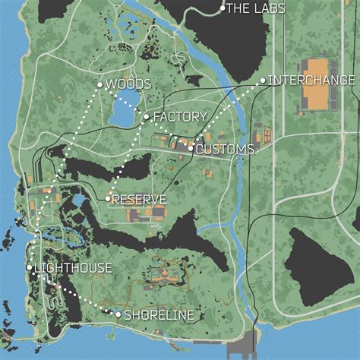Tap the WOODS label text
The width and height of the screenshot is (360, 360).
(x=128, y=84)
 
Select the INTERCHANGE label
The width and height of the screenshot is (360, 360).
(x=312, y=80)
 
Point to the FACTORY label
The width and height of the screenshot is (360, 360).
(x=180, y=117)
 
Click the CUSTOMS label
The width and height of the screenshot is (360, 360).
(x=225, y=150)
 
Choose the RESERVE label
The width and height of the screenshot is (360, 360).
(x=140, y=199)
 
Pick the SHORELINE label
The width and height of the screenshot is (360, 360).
(x=159, y=314)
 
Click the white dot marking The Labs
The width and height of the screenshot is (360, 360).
(x=223, y=8)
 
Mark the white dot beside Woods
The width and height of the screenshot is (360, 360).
(x=99, y=84)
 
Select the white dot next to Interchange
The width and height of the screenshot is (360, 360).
(x=263, y=80)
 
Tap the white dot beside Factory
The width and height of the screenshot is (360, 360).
(x=147, y=117)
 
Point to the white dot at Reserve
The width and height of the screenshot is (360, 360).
(x=109, y=199)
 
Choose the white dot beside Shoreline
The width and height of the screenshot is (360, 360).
(x=118, y=314)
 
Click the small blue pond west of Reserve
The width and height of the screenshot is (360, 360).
(x=78, y=201)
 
